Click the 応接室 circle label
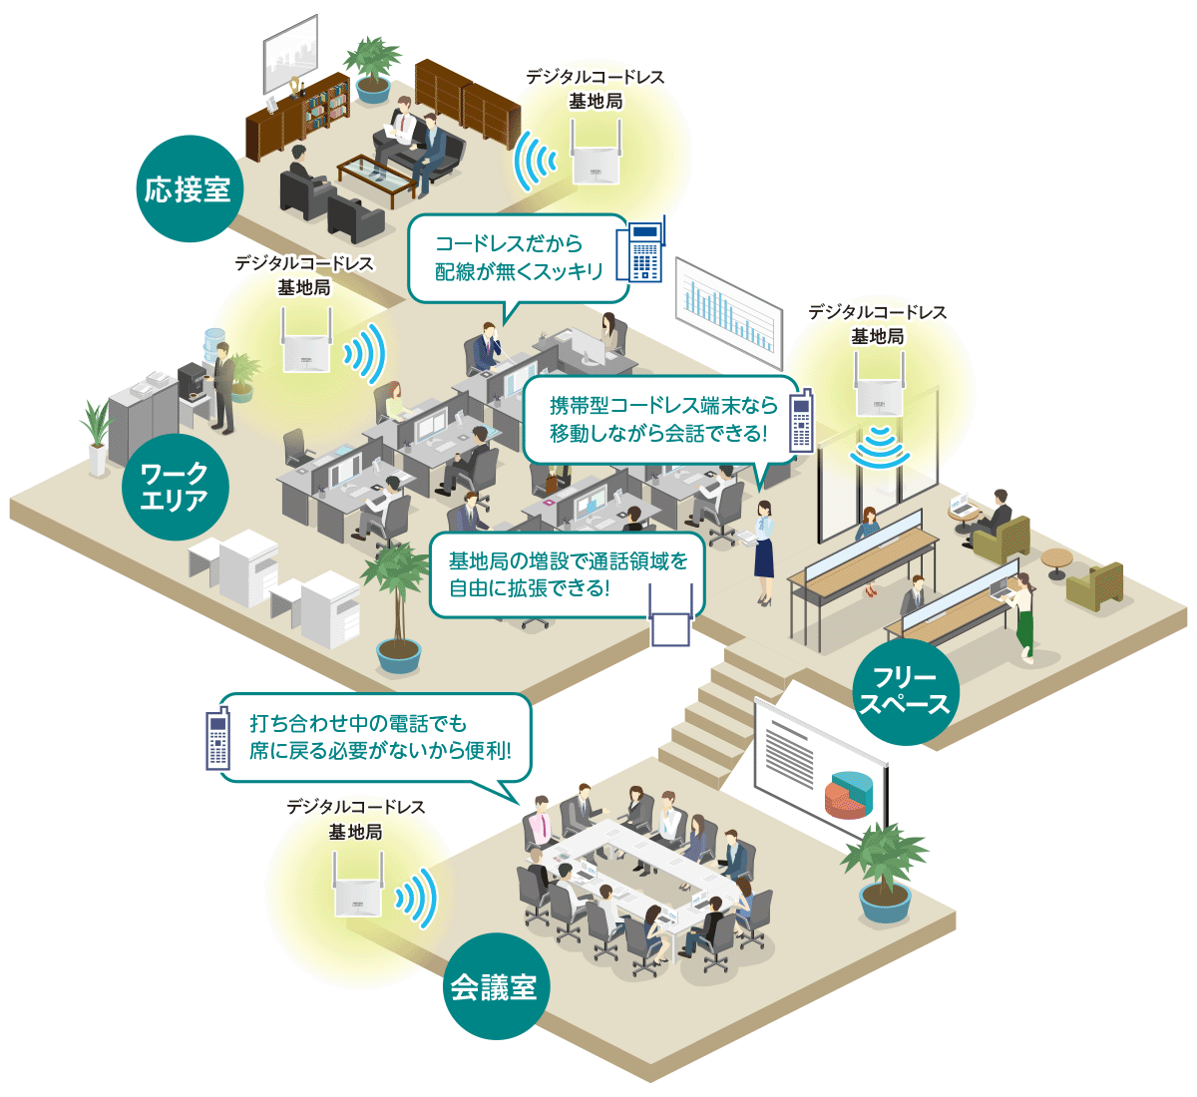(189, 188)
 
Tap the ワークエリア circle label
(175, 487)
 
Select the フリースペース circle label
(905, 691)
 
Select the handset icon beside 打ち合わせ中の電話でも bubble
(216, 740)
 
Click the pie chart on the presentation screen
(850, 793)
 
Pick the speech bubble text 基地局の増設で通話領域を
(568, 561)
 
